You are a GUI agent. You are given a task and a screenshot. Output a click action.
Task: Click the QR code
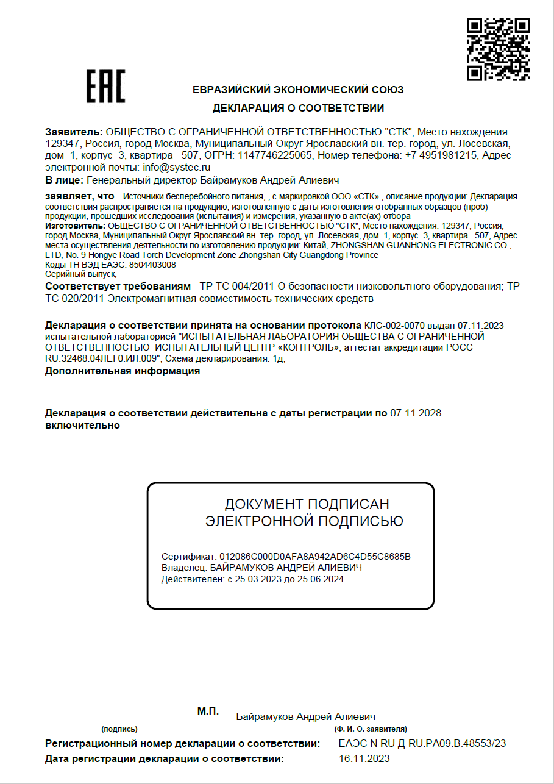[x=498, y=49]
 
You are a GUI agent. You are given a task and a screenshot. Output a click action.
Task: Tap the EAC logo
[x=105, y=87]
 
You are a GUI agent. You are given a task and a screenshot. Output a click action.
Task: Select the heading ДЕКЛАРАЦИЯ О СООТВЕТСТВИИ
[x=298, y=109]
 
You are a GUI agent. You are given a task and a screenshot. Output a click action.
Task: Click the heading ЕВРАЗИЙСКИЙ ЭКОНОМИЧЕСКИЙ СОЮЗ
[x=298, y=90]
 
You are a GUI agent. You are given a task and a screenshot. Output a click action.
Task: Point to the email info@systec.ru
[x=177, y=166]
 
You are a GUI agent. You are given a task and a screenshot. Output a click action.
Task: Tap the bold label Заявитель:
[x=74, y=132]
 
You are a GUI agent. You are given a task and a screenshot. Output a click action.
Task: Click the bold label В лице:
[x=64, y=180]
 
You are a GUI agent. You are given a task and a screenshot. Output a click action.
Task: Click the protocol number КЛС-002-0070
[x=394, y=325]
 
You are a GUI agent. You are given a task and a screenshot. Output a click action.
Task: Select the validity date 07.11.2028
[x=416, y=413]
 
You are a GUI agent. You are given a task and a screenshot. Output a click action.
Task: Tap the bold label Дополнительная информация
[x=123, y=371]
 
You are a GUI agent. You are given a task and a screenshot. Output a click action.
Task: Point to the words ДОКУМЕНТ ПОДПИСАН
[x=307, y=504]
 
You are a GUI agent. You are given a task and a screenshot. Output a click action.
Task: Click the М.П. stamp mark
[x=208, y=711]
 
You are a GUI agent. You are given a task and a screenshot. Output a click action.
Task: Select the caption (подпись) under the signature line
[x=119, y=729]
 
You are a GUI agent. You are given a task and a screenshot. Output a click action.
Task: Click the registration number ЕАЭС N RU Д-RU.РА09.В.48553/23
[x=422, y=743]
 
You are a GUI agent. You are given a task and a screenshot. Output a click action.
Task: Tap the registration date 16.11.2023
[x=364, y=758]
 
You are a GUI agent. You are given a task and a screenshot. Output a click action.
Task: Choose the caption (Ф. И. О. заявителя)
[x=371, y=729]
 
